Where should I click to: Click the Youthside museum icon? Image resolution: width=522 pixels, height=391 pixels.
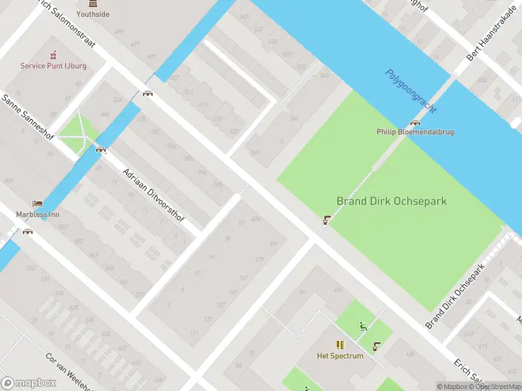click(92, 4)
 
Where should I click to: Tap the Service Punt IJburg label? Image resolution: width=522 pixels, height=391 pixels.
click(53, 66)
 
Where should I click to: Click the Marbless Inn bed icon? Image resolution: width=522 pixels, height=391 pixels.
click(37, 204)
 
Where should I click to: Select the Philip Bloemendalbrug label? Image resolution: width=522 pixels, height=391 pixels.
click(415, 132)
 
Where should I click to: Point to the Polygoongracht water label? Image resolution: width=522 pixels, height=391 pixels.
click(410, 91)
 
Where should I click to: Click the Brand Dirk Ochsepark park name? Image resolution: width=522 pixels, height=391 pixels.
click(391, 201)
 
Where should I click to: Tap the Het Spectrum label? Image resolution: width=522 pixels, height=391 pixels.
click(340, 356)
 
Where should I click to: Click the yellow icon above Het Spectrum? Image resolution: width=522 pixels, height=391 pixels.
click(340, 345)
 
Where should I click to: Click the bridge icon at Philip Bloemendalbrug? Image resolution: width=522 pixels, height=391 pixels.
click(415, 123)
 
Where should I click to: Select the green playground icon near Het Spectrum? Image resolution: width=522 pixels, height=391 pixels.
click(363, 326)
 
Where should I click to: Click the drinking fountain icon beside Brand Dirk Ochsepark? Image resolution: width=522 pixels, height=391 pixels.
click(324, 220)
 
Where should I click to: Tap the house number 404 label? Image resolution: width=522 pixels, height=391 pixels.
click(256, 219)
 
